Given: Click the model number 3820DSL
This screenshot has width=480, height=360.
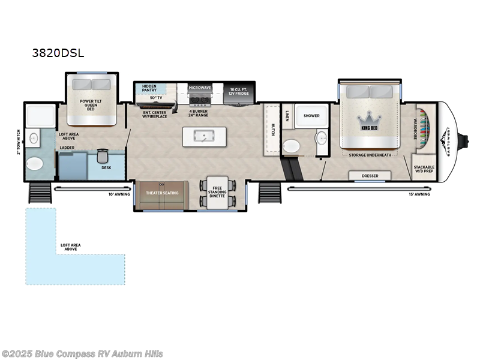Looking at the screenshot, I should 58,52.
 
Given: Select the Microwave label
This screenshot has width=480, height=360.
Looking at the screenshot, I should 200,88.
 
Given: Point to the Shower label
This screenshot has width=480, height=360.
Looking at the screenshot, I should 311,115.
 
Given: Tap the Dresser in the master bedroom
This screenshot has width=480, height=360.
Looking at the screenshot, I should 370,176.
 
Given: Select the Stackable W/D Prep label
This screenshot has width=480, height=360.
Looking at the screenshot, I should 424,169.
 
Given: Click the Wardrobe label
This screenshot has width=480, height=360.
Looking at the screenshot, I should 415,128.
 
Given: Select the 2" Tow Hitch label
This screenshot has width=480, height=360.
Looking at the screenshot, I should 19,142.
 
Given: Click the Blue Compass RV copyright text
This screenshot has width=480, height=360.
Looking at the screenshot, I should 82,353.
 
